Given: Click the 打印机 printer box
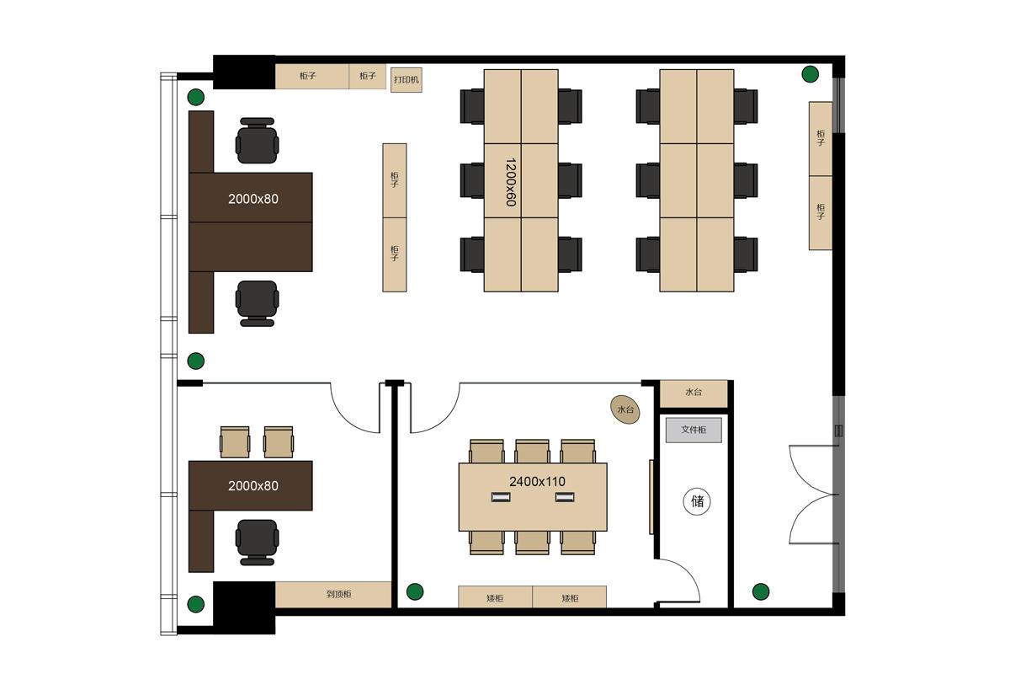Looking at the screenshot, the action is pos(406,80).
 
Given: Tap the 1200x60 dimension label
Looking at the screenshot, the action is pos(510,182).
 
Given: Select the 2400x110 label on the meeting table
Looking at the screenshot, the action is pos(537,482).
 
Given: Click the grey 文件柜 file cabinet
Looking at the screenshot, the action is pos(694,430).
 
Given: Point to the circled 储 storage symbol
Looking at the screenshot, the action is pos(697,501).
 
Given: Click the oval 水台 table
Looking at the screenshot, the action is pos(625,410).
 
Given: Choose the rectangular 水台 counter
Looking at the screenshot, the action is pos(694,393).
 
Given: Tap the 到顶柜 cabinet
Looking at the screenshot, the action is pos(332,594).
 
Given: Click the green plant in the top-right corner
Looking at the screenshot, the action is pos(810,74).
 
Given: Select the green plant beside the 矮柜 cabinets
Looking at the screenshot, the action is pos(415,591).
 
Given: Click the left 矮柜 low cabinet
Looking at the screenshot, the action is pos(495,596).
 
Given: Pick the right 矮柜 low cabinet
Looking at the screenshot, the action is pos(570,596).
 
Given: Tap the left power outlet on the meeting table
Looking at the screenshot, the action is pos(501,497).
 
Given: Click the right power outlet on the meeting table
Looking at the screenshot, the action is pos(565,497).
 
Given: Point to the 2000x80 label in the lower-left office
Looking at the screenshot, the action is pos(253,486).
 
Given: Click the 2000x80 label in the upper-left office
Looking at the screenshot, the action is pos(253,199).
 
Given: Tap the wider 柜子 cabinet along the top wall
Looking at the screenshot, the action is pos(311,77).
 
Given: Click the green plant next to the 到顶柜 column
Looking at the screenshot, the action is pos(195,604).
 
